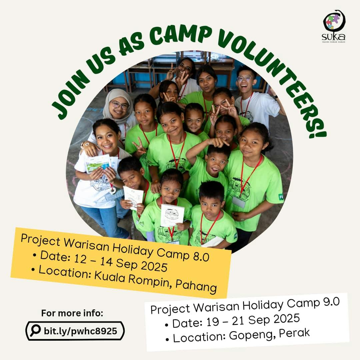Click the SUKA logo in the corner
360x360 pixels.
pyautogui.click(x=334, y=26)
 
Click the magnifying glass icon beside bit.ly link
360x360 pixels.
pyautogui.click(x=35, y=330)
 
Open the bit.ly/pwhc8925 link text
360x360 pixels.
pyautogui.click(x=80, y=331)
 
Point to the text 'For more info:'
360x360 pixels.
pyautogui.click(x=72, y=313)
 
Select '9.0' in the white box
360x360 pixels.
pyautogui.click(x=331, y=302)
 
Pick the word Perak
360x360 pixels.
pyautogui.click(x=294, y=333)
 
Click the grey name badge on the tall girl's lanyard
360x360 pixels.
pyautogui.click(x=239, y=202)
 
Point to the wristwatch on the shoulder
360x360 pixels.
pyautogui.click(x=87, y=144)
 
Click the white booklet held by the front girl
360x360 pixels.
pyautogui.click(x=172, y=215)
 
